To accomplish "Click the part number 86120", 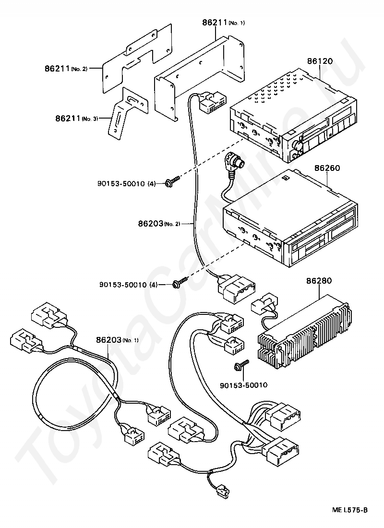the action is pyautogui.click(x=320, y=61).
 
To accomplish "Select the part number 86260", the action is pyautogui.click(x=327, y=168).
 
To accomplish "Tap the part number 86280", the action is pyautogui.click(x=319, y=280).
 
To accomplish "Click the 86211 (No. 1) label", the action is pyautogui.click(x=223, y=23).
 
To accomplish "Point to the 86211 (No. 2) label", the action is pyautogui.click(x=66, y=68).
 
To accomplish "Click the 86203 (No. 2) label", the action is pyautogui.click(x=159, y=223).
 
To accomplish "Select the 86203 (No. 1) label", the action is pyautogui.click(x=117, y=340).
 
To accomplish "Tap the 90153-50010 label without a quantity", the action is pyautogui.click(x=243, y=385).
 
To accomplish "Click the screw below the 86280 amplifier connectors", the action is pyautogui.click(x=241, y=365).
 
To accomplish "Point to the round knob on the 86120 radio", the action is pyautogui.click(x=298, y=145).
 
